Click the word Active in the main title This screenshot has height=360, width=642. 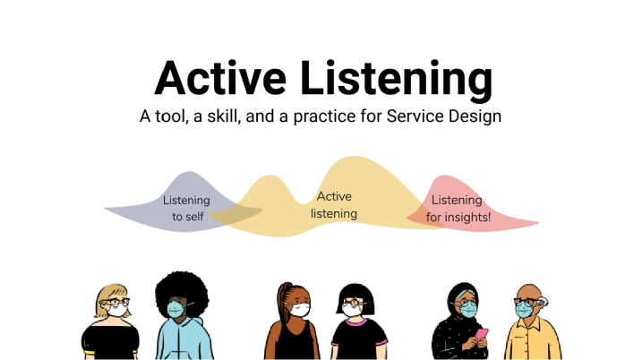tap(220, 78)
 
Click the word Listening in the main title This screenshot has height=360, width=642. tap(397, 81)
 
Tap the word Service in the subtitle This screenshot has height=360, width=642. tap(415, 116)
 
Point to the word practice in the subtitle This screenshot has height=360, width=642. tap(324, 116)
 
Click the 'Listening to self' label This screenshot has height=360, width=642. tap(187, 208)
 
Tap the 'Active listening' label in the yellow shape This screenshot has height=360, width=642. tap(334, 205)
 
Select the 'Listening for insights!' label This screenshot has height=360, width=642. tap(458, 209)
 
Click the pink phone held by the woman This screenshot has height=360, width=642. tap(482, 334)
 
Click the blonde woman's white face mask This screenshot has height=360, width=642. tap(117, 310)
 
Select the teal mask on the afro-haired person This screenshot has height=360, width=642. tap(175, 309)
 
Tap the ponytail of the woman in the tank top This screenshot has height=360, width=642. tap(282, 302)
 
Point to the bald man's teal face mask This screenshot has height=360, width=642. tap(524, 310)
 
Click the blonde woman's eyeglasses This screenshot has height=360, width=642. tap(115, 303)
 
